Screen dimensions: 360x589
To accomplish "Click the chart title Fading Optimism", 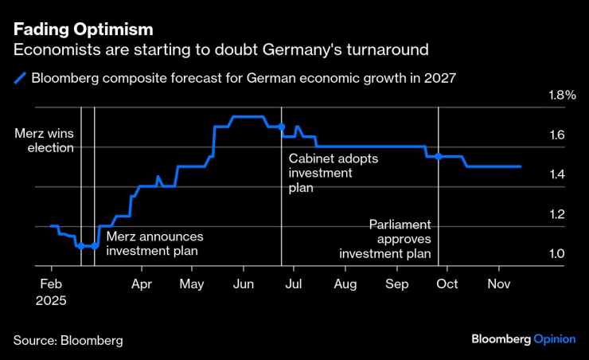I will coord(83,30).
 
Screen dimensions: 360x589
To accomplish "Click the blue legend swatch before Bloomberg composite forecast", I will coord(20,78).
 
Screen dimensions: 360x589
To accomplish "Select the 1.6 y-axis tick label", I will coord(556,135).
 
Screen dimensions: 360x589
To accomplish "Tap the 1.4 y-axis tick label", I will coord(556,175).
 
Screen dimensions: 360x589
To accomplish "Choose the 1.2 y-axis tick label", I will coord(556,215).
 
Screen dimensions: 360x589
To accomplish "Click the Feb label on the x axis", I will coord(51,284).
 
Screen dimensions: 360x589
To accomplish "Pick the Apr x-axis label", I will coord(142,284).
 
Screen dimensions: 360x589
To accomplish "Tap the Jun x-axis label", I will coord(244,284).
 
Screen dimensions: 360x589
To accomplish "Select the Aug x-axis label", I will coord(345,284).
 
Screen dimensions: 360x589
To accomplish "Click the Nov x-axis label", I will coord(498,284).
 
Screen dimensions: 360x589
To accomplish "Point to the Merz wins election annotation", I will coord(45,140).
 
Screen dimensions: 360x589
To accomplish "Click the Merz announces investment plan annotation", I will coord(154,244).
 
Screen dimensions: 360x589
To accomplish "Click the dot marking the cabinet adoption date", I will coord(282,127).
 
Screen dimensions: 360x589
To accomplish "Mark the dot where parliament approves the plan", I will coord(439,156).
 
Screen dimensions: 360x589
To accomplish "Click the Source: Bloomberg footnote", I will coord(68,340).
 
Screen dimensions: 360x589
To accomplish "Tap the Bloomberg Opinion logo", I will coord(524,339).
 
